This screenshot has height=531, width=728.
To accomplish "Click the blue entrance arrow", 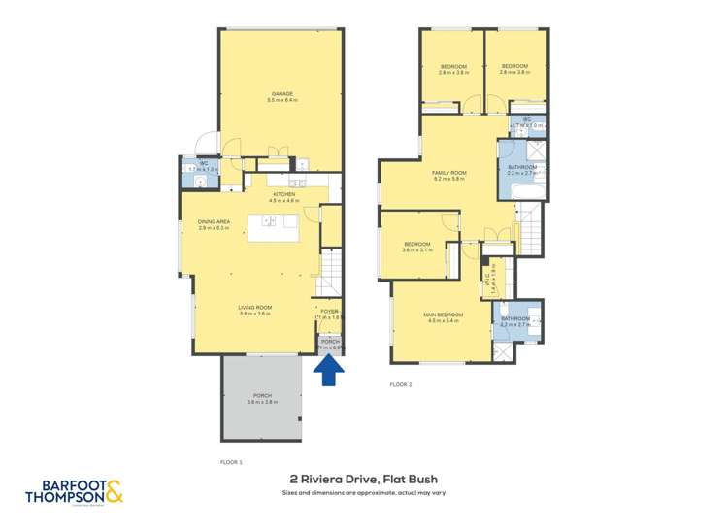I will tap(329, 370).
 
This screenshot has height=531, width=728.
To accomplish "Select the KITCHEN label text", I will tap(283, 195).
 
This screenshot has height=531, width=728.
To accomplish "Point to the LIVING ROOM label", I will tap(255, 309).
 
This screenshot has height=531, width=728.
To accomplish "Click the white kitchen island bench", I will tap(273, 227).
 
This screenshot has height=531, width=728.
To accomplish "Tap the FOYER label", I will tap(329, 312).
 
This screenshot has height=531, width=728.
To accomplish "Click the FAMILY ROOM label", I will tap(449, 175).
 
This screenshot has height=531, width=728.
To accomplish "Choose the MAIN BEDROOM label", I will tap(443, 315).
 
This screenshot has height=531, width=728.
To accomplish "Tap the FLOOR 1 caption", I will tap(231, 462).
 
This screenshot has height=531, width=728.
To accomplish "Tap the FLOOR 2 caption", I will tap(401, 385).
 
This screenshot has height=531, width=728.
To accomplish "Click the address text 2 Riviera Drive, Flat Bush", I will tap(364, 479).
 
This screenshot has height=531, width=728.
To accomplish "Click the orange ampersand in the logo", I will tap(114, 492).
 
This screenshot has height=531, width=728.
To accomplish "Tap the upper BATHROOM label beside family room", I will tap(522, 168).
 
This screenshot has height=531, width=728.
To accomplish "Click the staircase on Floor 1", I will tap(333, 271).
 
